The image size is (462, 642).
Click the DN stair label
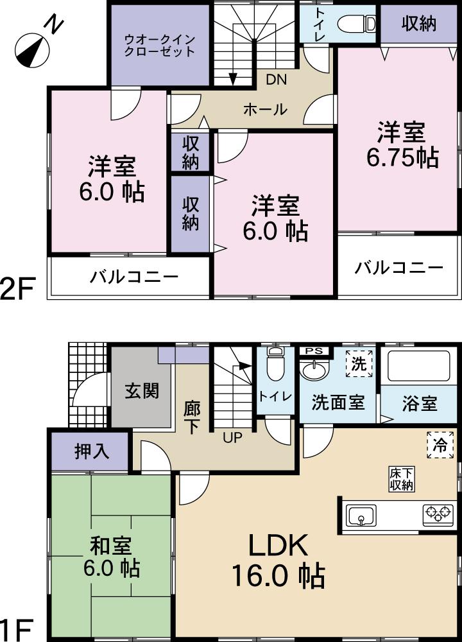277,80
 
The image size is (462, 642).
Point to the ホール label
264,110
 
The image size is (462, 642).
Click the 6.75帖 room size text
402,157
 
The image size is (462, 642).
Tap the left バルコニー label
133,277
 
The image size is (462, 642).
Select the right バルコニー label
399,267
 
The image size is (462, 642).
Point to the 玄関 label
142,390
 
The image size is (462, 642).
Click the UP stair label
232,438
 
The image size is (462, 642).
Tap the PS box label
314,351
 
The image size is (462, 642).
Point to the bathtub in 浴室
419,368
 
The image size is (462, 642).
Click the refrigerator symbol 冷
440,444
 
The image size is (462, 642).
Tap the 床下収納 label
400,479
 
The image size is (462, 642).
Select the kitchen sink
362,515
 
